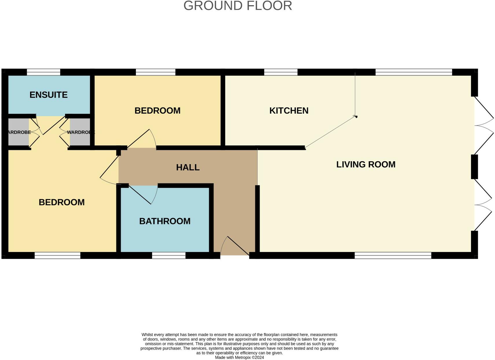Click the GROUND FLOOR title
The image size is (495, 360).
[x=238, y=6]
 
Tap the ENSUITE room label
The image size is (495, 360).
[x=49, y=95]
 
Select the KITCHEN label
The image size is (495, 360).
[x=289, y=111]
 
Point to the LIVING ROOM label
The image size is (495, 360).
[x=366, y=164]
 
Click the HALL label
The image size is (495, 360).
[x=188, y=167]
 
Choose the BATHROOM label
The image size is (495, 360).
[x=165, y=221]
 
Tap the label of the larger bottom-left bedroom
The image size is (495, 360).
[x=62, y=202]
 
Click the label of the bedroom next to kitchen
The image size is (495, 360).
[x=157, y=111]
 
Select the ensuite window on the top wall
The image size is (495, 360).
[x=43, y=72]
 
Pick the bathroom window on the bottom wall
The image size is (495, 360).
[x=169, y=255]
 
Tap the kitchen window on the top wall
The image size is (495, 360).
[x=280, y=72]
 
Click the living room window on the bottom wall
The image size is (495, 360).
[x=393, y=255]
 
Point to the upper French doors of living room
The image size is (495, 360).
[x=483, y=125]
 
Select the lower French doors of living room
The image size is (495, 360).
[x=483, y=205]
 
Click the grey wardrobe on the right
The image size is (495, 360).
[x=80, y=132]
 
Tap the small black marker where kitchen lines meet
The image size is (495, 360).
[x=356, y=117]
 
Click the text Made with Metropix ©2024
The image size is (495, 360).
[x=239, y=357]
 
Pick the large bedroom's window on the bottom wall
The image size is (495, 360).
[x=57, y=255]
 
